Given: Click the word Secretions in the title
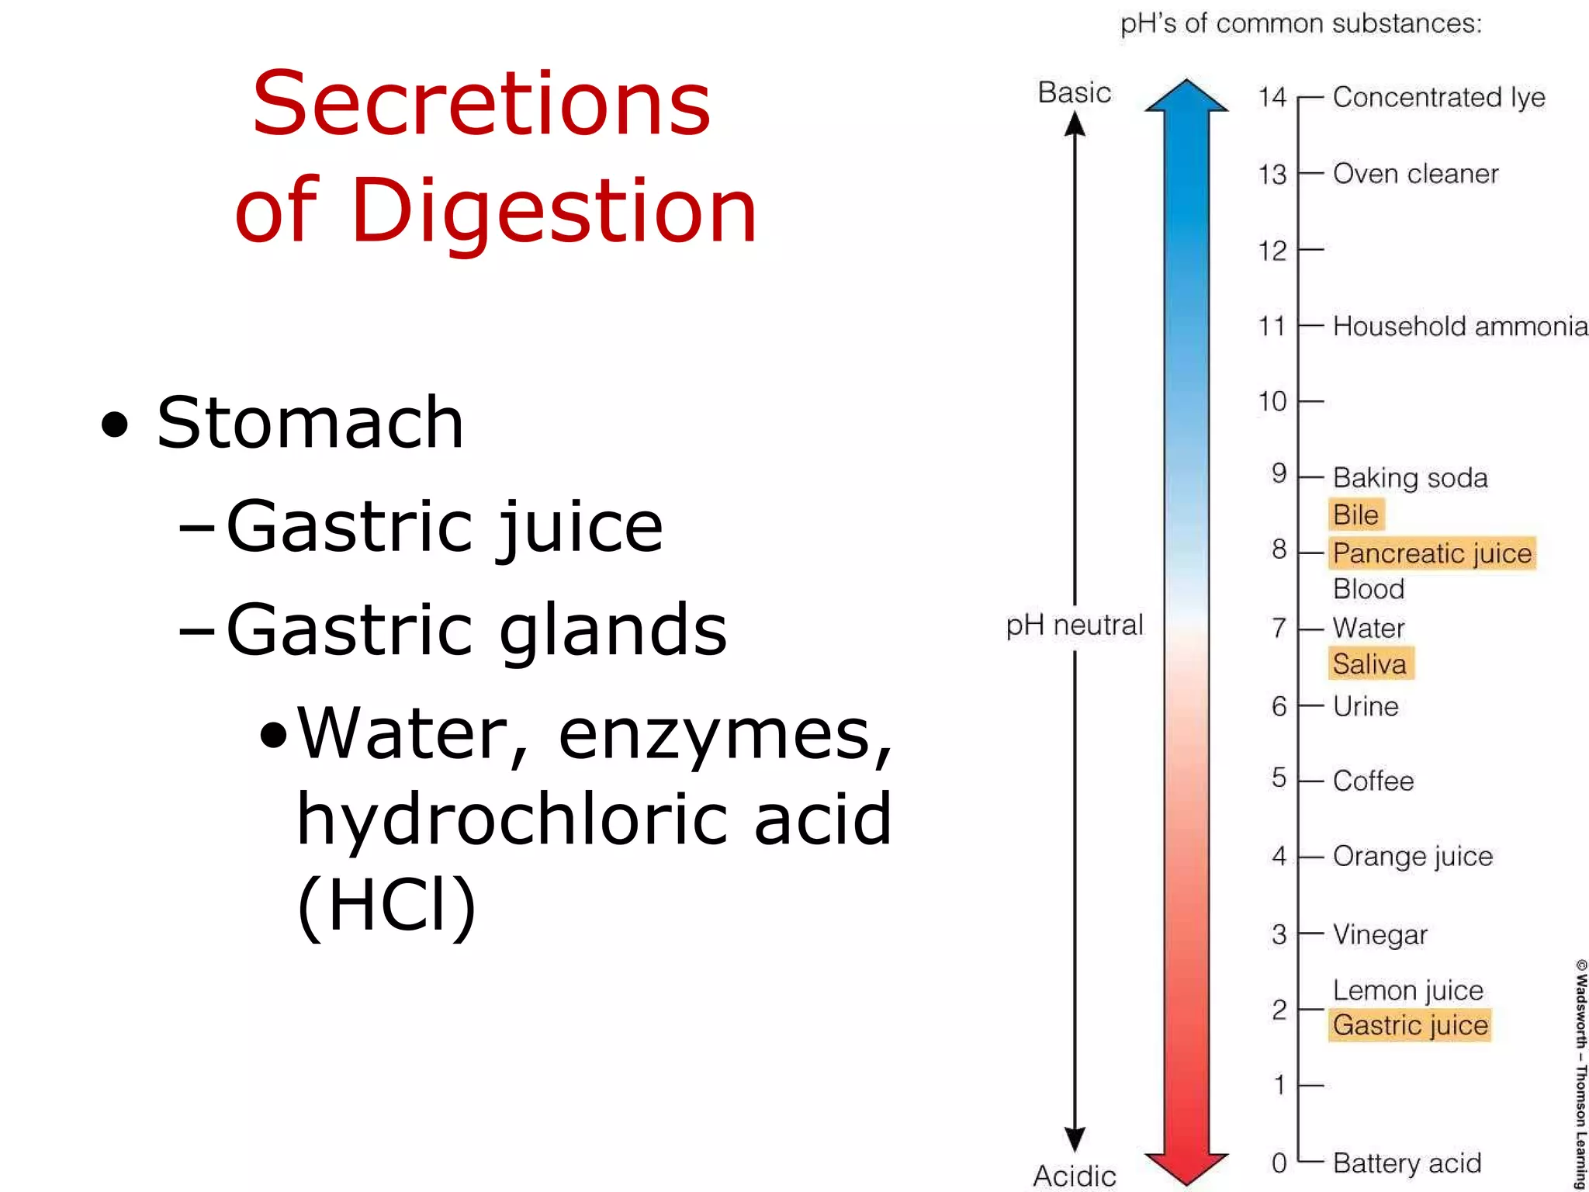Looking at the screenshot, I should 481,104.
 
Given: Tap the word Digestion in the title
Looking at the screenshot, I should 554,211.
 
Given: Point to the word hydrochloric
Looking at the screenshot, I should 511,819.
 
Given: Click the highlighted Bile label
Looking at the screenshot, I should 1355,515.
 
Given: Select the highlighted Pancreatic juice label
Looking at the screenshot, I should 1432,553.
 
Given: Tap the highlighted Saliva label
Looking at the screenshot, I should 1369,664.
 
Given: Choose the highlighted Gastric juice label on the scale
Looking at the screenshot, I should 1410,1025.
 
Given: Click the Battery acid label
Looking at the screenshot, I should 1407,1163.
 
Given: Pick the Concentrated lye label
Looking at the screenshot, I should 1438,98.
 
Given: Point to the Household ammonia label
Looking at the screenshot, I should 1459,327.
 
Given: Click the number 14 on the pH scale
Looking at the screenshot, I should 1272,98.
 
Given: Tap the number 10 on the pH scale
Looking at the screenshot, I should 1272,402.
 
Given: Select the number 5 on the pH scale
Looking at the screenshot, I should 1279,778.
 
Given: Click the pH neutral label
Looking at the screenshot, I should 1075,625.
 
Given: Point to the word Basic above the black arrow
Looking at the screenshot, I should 1075,93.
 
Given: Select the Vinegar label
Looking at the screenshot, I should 1380,935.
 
